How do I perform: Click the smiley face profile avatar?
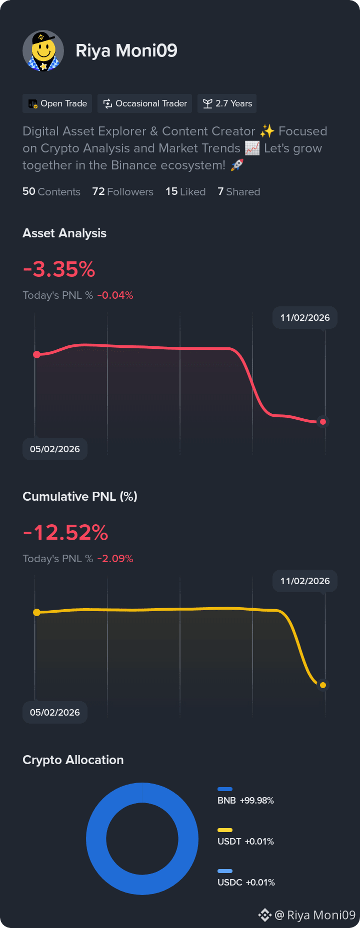(x=43, y=51)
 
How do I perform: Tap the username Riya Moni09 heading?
(x=126, y=50)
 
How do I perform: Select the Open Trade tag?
(x=57, y=103)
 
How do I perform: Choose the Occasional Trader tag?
(x=145, y=103)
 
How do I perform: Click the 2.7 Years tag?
(x=227, y=103)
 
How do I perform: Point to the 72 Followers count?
(x=123, y=191)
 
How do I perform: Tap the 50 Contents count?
(x=51, y=191)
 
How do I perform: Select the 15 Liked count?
(x=185, y=191)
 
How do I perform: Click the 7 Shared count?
(x=239, y=191)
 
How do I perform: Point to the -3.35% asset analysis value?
(x=59, y=269)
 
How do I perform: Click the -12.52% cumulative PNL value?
(x=65, y=533)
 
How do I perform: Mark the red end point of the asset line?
(x=323, y=422)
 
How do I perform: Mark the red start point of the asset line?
(x=36, y=354)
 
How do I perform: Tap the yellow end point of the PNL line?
(x=323, y=685)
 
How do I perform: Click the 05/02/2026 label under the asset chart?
(x=55, y=449)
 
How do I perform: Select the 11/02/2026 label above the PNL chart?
(x=305, y=581)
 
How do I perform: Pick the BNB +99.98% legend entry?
(x=245, y=797)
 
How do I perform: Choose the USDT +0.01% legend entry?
(x=245, y=838)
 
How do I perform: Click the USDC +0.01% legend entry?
(x=246, y=879)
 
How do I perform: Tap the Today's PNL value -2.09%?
(x=115, y=559)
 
